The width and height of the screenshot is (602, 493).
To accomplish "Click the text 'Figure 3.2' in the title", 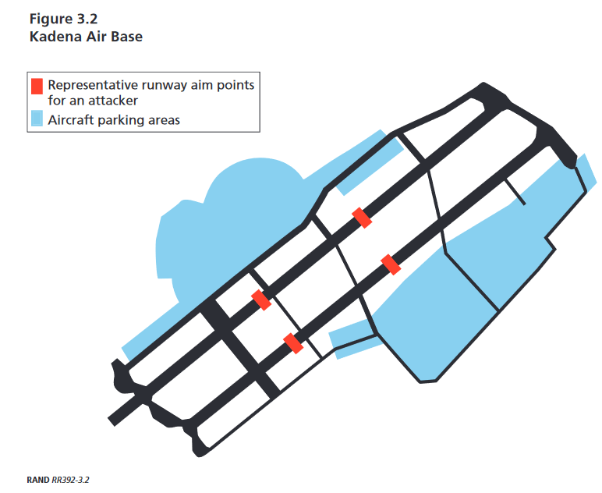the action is (63, 20).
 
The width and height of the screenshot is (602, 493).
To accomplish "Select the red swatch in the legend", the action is (37, 87).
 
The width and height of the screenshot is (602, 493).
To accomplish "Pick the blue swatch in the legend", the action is (37, 119).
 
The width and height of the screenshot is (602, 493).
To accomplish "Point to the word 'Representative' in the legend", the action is (93, 85).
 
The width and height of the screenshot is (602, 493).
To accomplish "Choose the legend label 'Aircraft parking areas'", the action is (114, 120).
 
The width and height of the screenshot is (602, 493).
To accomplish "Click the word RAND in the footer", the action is (38, 480).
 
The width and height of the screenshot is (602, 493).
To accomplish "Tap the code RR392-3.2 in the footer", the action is (70, 480).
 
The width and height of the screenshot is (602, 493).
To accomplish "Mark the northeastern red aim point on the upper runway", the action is (362, 218).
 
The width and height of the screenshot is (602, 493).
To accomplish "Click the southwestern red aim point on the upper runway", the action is (261, 300).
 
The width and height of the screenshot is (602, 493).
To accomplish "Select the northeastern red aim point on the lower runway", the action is (391, 264).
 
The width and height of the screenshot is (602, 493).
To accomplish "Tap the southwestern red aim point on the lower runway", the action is (293, 344).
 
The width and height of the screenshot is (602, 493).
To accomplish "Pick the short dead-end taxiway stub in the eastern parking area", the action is (515, 192).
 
